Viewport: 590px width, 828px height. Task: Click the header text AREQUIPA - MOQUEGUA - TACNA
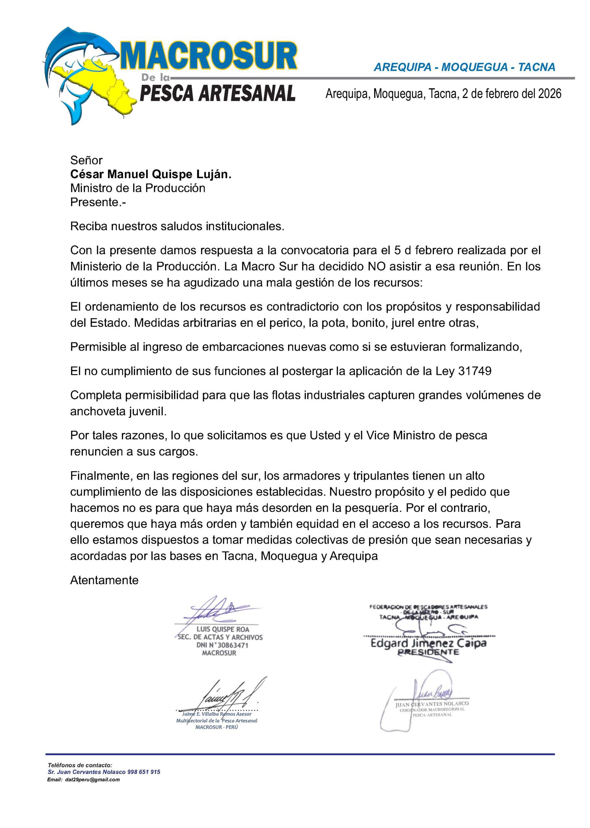pos(464,67)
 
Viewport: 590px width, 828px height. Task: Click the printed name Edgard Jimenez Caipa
pos(428,643)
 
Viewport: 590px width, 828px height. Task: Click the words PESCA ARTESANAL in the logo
pos(217,94)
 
